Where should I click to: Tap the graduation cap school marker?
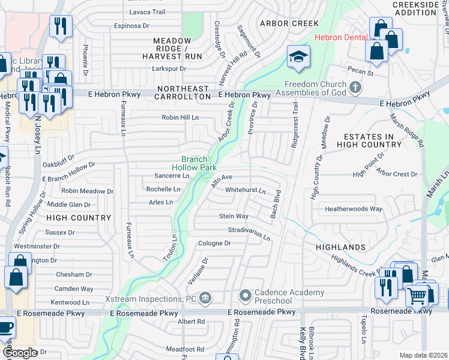[298, 58]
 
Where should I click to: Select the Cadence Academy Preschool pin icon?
[245, 296]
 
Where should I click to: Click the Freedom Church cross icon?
[355, 88]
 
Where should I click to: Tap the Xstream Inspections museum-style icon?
[205, 298]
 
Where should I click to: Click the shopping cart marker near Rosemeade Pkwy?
[417, 295]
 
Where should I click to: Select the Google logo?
[20, 353]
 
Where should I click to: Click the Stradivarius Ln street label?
[249, 234]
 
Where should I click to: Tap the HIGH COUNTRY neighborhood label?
[78, 217]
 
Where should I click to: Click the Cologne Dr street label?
[215, 243]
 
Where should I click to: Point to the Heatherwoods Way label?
[354, 209]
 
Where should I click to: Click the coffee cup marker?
[5, 328]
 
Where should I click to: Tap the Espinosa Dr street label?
[131, 26]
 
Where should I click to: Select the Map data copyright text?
[423, 355]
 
